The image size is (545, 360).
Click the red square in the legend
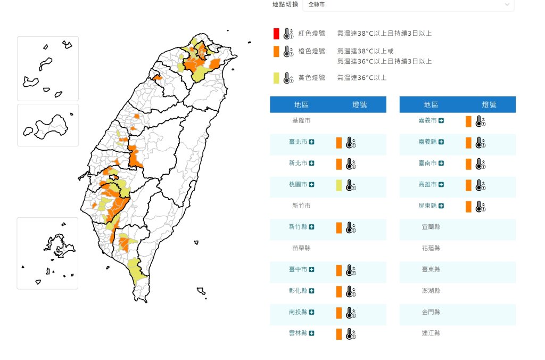[276, 34]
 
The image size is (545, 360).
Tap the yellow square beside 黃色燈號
[276, 78]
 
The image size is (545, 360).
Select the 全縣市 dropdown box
[408, 4]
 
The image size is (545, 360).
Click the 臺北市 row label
[298, 142]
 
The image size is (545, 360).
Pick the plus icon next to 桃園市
[312, 185]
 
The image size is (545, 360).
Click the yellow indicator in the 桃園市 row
[338, 185]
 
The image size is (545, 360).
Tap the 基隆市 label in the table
[301, 121]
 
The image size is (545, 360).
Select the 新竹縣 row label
[298, 227]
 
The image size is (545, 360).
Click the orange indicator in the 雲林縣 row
[338, 334]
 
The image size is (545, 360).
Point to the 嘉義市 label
[427, 121]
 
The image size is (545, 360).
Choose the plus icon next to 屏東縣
[441, 206]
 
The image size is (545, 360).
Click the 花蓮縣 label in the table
[431, 248]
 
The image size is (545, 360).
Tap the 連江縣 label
[431, 333]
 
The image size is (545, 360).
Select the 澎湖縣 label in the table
[431, 291]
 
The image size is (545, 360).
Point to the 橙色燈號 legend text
[311, 51]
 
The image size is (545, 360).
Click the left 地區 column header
[301, 105]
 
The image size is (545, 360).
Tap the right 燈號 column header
[489, 105]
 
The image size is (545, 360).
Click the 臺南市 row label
[427, 163]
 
